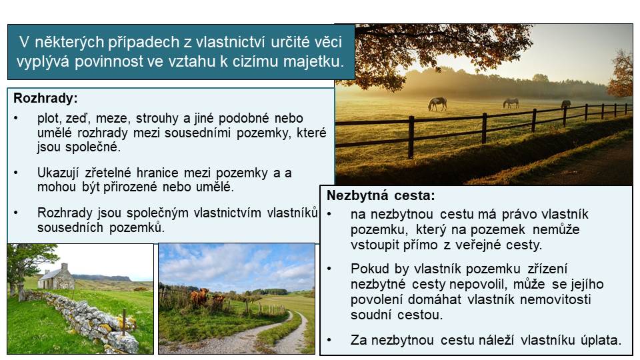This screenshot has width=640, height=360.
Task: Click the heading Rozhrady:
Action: tap(45, 99)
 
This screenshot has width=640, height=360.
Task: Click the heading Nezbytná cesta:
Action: tap(381, 195)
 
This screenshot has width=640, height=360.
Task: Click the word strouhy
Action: tap(157, 119)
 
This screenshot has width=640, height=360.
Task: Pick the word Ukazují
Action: tap(58, 173)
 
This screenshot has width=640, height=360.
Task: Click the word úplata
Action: tap(601, 340)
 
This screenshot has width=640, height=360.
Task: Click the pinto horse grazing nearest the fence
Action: tap(437, 104)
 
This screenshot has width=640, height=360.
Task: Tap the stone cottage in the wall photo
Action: tap(56, 277)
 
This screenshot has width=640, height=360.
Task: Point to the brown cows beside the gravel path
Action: tap(207, 297)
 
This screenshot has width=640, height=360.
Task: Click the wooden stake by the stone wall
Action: tap(124, 322)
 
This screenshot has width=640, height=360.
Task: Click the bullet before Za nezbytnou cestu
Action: tap(329, 340)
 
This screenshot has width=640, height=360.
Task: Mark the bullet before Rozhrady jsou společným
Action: tap(16, 213)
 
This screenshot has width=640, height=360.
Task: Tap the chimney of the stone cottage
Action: tap(65, 267)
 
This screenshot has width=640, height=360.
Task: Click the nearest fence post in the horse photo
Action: tap(411, 137)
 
